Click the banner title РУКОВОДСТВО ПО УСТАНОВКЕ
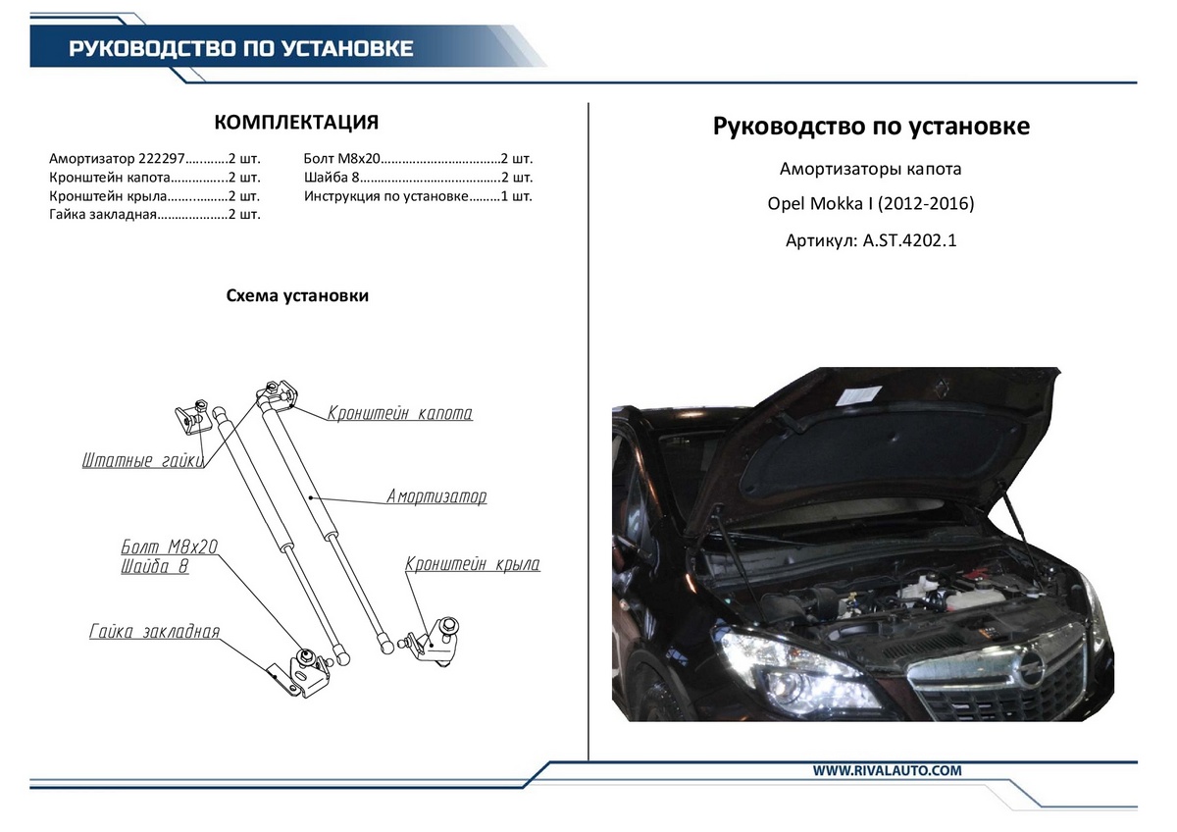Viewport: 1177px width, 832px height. [x=240, y=48]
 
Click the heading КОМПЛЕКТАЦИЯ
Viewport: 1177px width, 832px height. [x=296, y=122]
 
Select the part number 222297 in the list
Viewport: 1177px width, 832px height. [x=162, y=158]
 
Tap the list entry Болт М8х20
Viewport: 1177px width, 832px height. [x=341, y=158]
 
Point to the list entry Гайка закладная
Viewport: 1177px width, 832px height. [x=103, y=215]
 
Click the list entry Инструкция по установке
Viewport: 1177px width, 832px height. [x=385, y=196]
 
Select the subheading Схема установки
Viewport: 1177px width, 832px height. [x=297, y=295]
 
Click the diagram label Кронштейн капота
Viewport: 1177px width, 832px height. [x=400, y=413]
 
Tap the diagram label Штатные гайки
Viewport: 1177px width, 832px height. [x=142, y=460]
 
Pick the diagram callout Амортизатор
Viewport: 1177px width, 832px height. [x=436, y=496]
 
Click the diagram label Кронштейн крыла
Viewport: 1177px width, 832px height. [x=473, y=564]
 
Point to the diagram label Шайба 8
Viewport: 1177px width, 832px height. [x=155, y=566]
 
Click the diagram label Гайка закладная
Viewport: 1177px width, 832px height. [x=155, y=631]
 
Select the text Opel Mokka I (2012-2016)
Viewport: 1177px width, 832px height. [x=871, y=203]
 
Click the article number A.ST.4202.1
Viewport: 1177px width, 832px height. [x=909, y=240]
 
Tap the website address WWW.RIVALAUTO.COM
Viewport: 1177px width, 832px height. [x=887, y=770]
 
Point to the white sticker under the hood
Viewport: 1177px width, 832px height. [x=858, y=395]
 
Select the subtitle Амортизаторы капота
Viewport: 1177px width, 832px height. [x=871, y=169]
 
